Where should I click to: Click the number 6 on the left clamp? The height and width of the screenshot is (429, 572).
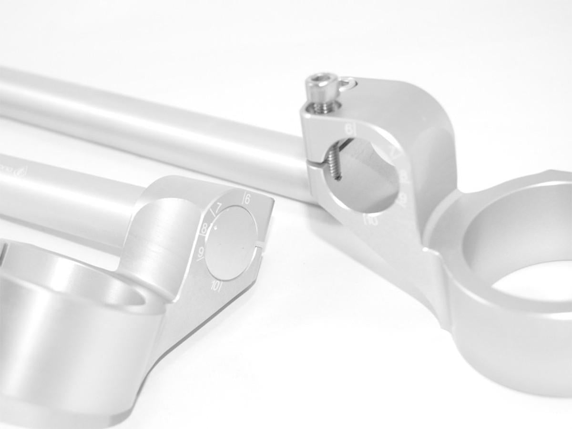[x=247, y=199]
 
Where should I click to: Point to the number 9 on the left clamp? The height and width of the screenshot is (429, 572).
[x=202, y=252]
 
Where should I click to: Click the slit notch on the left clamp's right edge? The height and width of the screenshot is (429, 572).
[x=262, y=245]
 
